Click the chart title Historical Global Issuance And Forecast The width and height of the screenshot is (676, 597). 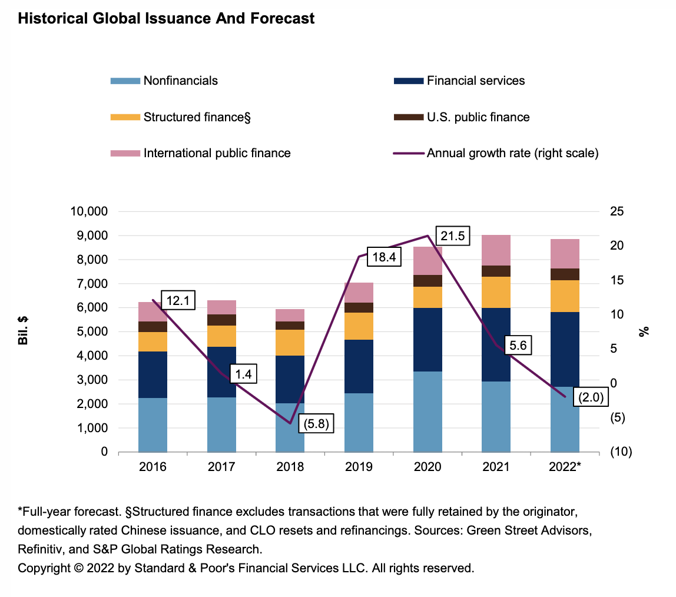pos(166,19)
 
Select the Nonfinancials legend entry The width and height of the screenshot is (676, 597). pos(180,81)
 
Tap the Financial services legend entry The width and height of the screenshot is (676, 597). pos(475,81)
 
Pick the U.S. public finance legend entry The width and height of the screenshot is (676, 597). pos(478,117)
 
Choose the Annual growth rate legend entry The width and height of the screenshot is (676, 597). pos(512,153)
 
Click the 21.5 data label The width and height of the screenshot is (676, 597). pos(453,237)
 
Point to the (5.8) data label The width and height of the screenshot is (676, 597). pos(316,423)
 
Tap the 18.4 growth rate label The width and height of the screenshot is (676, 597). pos(384,257)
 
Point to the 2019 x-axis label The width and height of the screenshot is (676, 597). pos(359,467)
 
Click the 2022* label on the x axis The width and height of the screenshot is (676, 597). pos(565,467)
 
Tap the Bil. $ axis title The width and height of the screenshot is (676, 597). pos(24,332)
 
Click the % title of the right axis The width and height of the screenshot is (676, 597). pos(644,332)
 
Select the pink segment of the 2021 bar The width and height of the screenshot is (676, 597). pos(496,250)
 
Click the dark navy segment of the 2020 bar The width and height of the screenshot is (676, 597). pos(428,339)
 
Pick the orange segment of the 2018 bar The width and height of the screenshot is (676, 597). pos(290,342)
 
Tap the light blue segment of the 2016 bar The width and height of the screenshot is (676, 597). pos(153,424)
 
